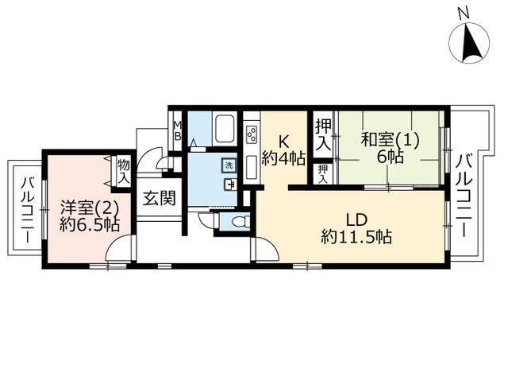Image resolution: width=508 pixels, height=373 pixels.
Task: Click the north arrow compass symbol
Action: (469, 43)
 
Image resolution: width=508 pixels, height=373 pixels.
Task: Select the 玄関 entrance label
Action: (160, 198)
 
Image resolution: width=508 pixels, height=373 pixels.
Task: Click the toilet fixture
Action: (241, 221)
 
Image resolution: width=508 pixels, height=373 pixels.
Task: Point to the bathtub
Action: (225, 128)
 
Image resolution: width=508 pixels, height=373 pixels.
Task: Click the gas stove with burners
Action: (252, 134)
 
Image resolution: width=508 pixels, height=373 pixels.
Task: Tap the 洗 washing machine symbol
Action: (229, 165)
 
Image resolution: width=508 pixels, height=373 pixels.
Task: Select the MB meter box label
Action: (177, 130)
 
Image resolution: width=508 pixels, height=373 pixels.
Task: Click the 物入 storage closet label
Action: (124, 172)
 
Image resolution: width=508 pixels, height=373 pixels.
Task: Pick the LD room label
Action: (356, 220)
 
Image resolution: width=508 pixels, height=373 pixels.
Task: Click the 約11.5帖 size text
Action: (356, 237)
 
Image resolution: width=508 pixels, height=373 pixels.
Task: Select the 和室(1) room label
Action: (390, 140)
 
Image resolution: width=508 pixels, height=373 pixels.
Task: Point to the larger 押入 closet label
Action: (324, 135)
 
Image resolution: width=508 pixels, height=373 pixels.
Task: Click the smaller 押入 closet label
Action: (323, 174)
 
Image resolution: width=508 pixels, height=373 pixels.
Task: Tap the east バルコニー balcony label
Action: (464, 196)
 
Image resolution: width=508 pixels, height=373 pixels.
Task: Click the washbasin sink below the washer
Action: (229, 184)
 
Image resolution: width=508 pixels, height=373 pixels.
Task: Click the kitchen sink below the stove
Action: (252, 168)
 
